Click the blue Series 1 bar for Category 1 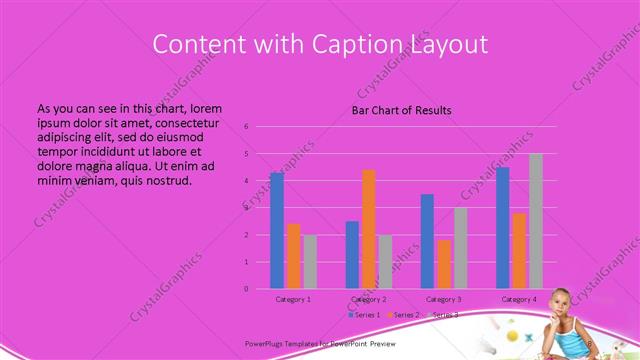point(277,231)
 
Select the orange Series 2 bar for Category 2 point(369,229)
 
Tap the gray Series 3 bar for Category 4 point(536,221)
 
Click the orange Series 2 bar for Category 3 point(444,264)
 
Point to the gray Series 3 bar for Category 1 point(310,262)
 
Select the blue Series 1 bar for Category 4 point(503,228)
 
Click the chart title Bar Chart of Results point(401,110)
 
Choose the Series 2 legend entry point(403,315)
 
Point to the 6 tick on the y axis point(246,127)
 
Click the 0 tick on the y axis point(246,289)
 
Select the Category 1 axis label point(293,300)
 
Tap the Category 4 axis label point(519,300)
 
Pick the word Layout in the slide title point(449,45)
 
